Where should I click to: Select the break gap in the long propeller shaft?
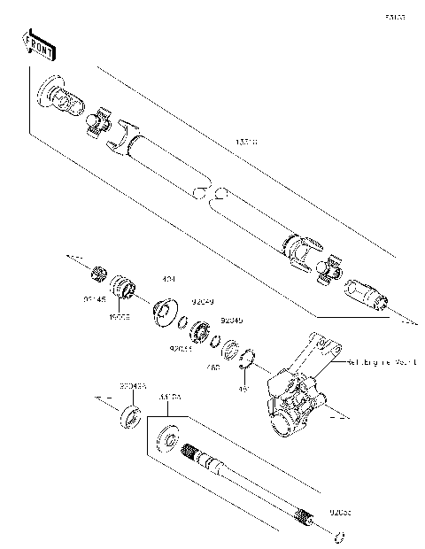[208, 194]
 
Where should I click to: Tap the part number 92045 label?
[231, 320]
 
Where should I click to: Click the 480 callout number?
[212, 366]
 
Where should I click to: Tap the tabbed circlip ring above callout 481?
[247, 359]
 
